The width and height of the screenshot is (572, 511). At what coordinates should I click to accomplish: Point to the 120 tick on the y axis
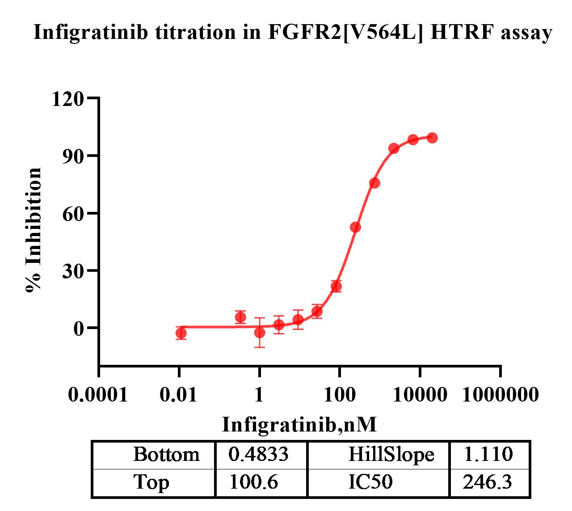pos(68,98)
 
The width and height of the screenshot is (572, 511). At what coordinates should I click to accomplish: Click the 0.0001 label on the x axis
pos(98,395)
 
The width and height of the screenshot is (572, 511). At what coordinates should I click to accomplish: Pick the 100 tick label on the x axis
pos(340,395)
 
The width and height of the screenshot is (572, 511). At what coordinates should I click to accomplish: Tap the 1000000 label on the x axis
pos(500,395)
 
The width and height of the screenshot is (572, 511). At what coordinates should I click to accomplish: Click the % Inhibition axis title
pos(34,230)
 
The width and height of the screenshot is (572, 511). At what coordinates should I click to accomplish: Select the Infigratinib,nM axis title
pos(299,424)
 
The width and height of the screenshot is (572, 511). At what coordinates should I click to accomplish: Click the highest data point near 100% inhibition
pos(432,138)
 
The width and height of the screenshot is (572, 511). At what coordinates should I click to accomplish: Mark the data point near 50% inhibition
pos(356,227)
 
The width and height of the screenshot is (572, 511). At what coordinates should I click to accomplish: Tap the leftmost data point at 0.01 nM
pos(181,333)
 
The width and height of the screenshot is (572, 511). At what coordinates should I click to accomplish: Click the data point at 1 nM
pos(260,332)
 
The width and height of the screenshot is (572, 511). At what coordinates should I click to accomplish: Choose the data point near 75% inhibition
pos(374,183)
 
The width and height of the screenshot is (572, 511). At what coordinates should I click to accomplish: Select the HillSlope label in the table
pos(391,455)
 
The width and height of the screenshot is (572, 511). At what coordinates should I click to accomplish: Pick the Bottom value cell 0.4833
pos(258,455)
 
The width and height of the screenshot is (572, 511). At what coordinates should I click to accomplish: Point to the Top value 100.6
pos(253,482)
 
